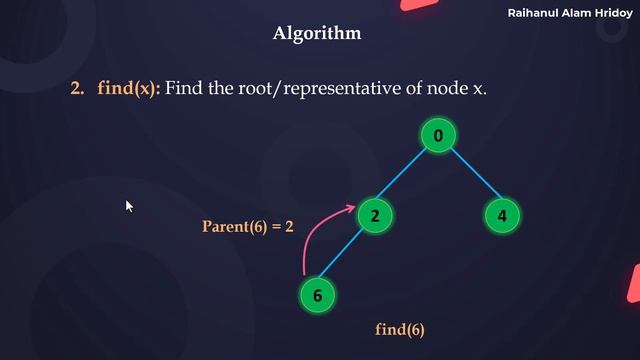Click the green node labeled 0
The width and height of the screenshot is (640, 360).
tap(438, 135)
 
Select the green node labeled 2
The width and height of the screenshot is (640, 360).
tap(373, 214)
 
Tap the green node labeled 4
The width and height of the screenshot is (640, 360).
tap(502, 214)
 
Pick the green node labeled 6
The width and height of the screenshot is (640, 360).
tap(317, 295)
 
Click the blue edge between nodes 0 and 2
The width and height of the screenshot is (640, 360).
tap(406, 174)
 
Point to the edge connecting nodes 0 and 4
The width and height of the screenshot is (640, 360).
tap(470, 174)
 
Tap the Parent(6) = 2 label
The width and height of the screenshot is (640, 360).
tap(248, 227)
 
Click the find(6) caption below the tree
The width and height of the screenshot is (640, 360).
tap(400, 329)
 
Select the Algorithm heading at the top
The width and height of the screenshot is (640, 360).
tap(317, 34)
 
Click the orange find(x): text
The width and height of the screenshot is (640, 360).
tap(128, 89)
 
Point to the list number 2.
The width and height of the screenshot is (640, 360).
tap(77, 89)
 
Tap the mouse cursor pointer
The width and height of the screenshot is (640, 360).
tap(129, 206)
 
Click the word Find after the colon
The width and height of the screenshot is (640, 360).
tap(184, 89)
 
